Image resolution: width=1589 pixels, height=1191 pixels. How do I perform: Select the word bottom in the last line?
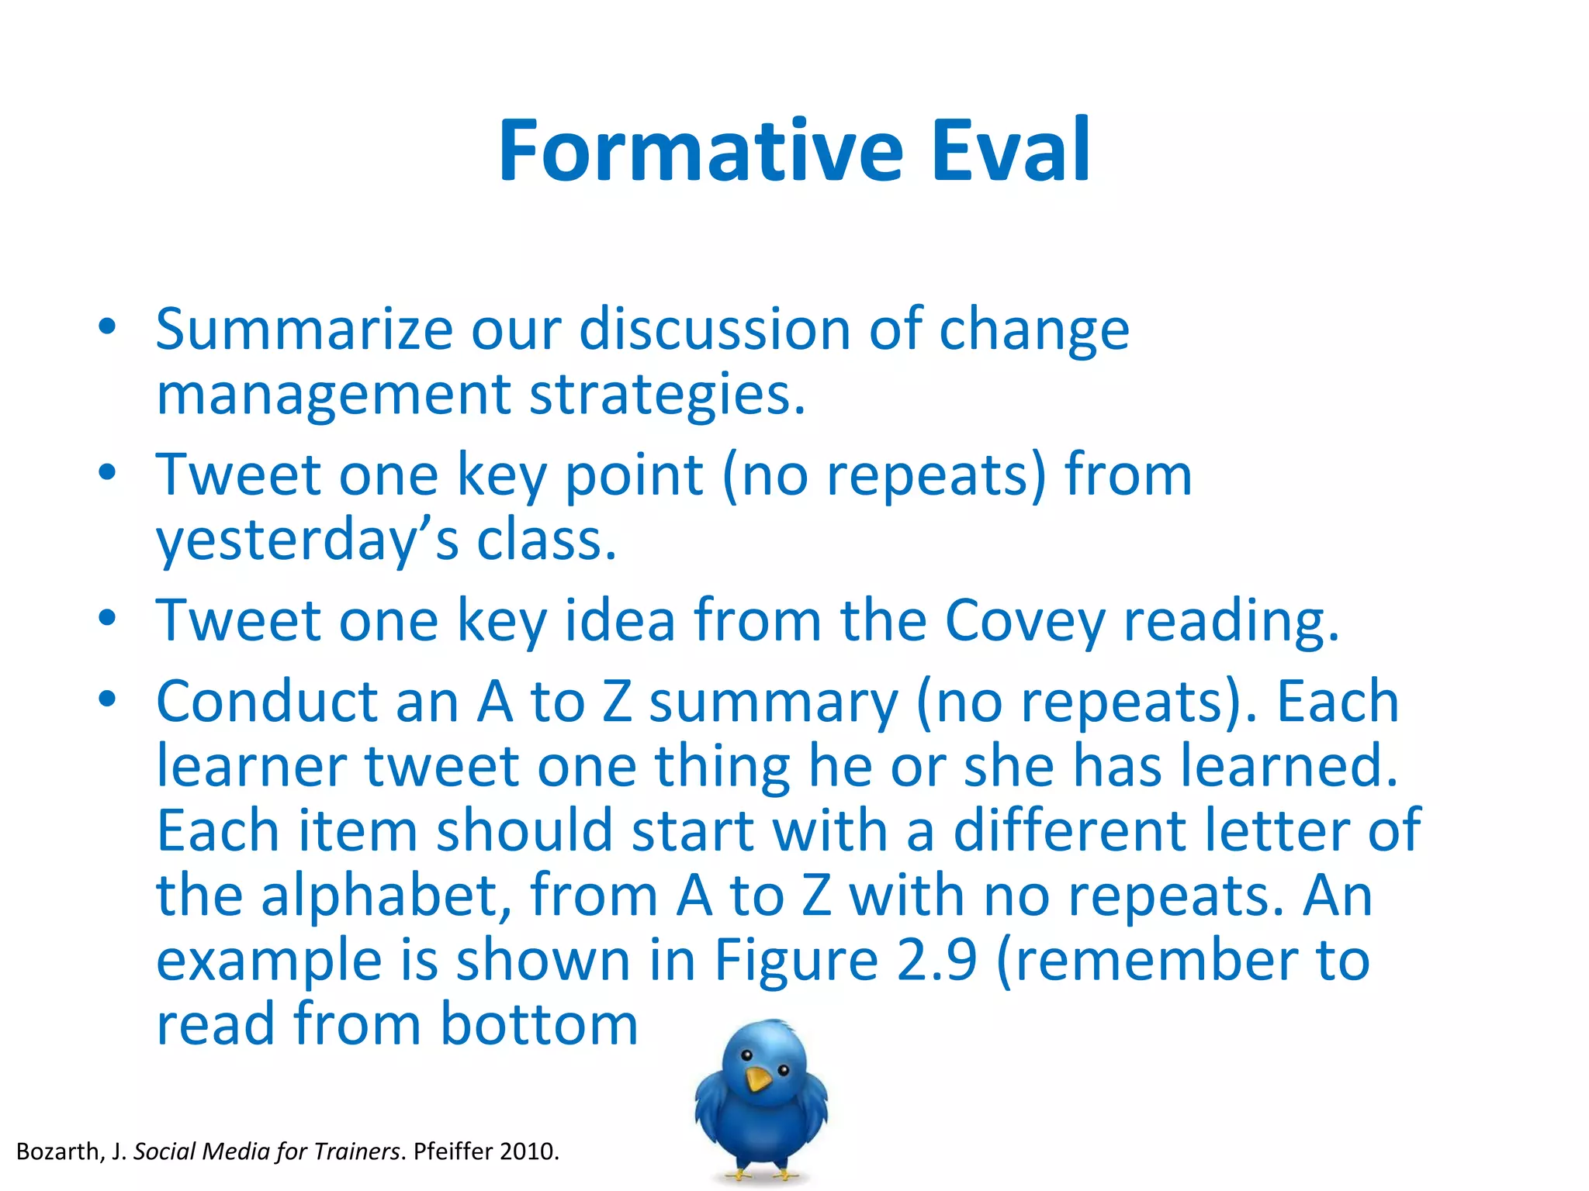click(x=539, y=1025)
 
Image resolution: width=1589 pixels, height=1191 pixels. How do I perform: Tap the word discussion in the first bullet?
click(x=714, y=330)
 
